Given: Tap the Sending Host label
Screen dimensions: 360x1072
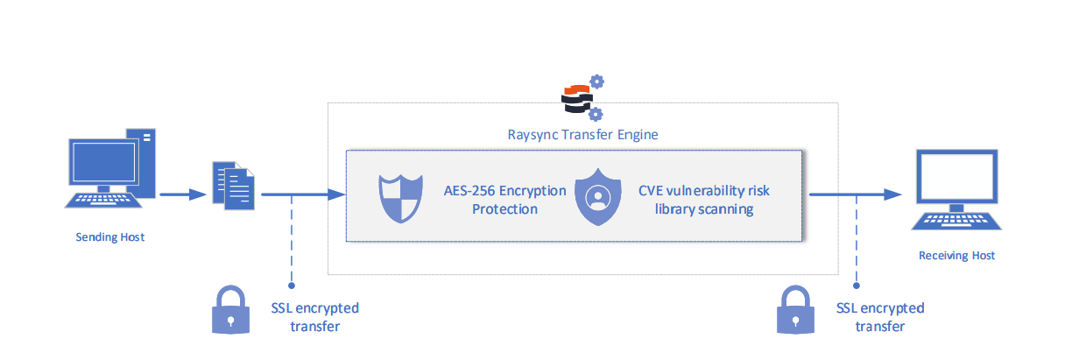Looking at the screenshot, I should point(109,237).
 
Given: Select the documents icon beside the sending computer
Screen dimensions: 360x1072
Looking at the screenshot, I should point(232,186).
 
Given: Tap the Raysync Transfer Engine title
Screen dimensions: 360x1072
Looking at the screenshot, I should point(583,135).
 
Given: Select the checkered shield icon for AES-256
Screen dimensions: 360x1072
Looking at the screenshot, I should point(399,200).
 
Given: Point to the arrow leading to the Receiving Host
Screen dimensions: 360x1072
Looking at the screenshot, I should point(854,194).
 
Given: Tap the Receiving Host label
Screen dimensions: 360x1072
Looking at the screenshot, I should point(956,256).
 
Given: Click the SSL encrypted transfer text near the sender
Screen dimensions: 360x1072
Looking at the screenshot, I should point(313,317).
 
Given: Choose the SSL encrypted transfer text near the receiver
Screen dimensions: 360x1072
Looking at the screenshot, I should point(880,317).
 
